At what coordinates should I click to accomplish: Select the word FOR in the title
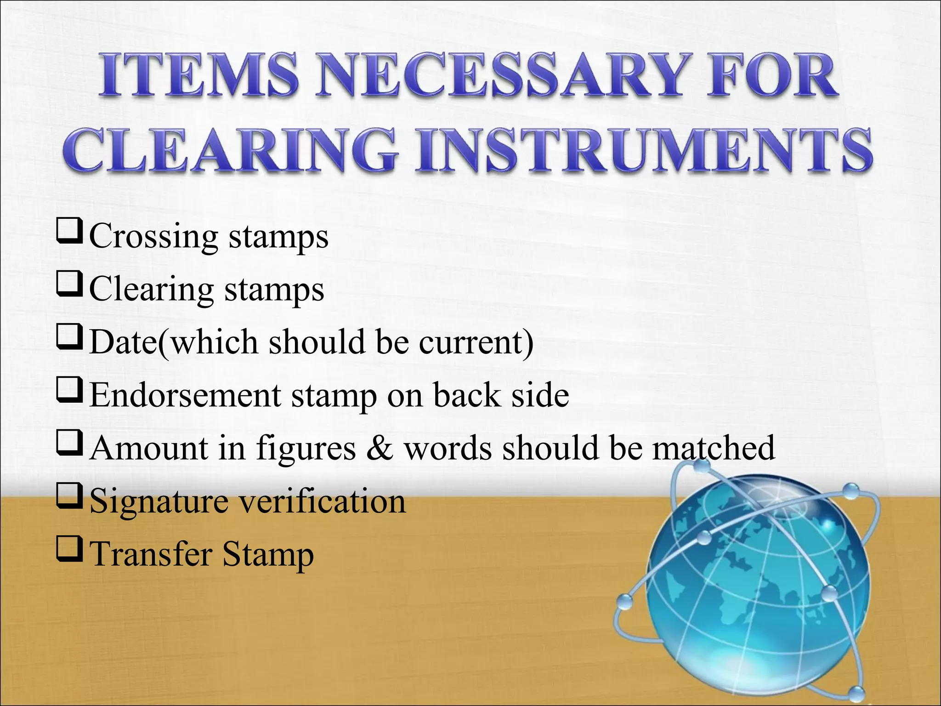[x=772, y=76]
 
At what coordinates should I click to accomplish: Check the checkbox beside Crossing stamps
[x=69, y=231]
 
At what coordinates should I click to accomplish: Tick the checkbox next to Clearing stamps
[x=69, y=284]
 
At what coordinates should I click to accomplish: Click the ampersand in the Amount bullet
[x=380, y=448]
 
